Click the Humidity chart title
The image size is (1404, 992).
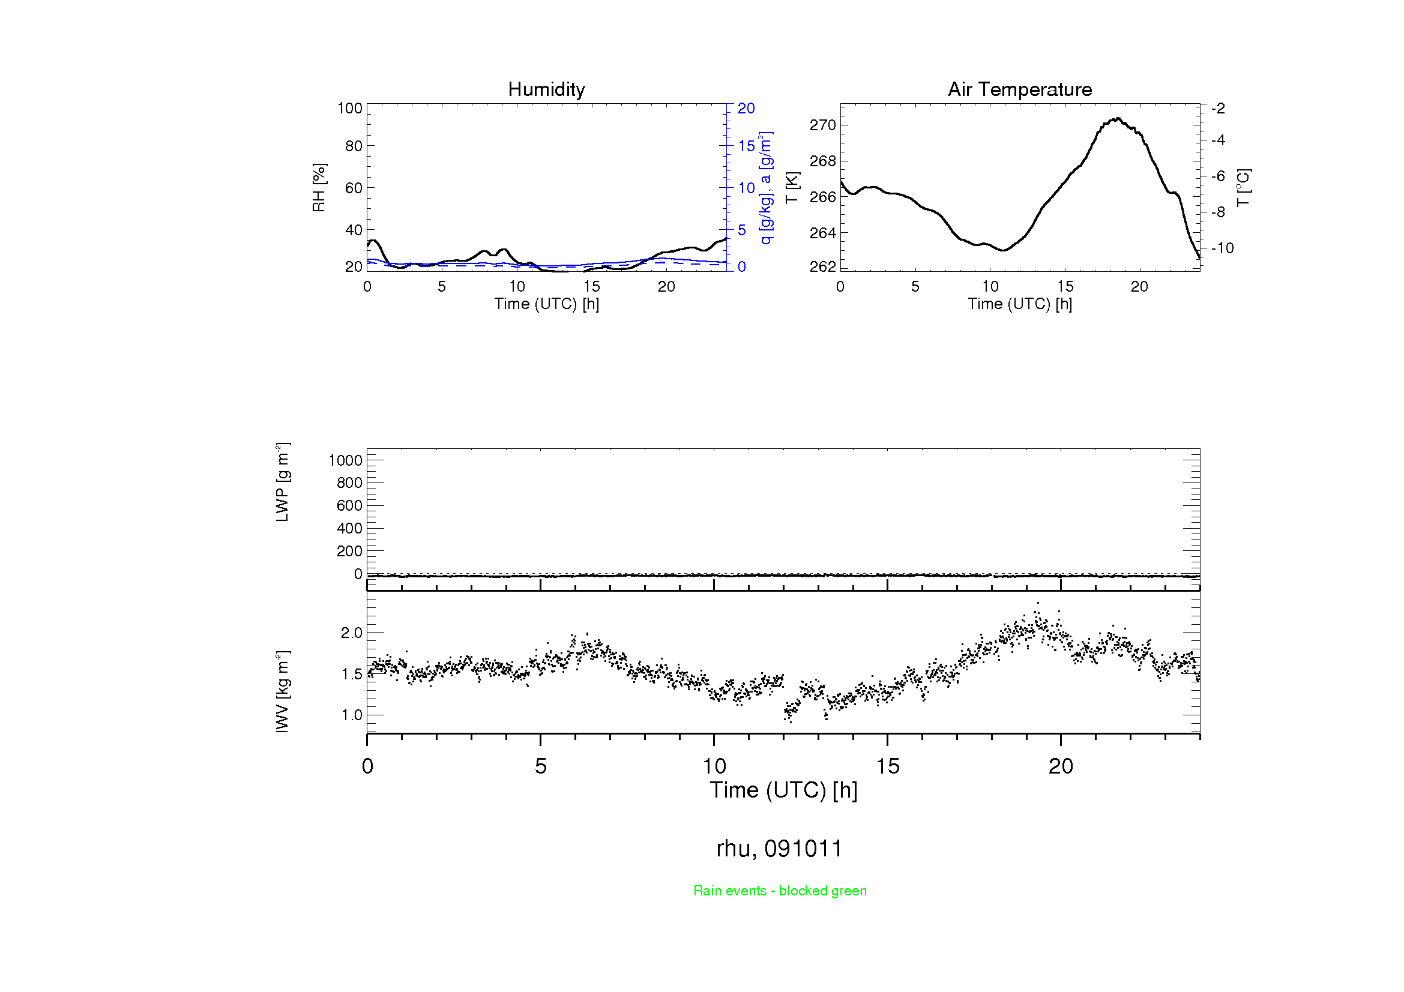tap(546, 89)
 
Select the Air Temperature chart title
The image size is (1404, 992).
tap(1019, 89)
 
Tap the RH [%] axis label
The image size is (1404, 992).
tap(319, 188)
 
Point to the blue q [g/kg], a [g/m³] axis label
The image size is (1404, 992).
tap(765, 188)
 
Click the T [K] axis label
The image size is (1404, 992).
tap(792, 188)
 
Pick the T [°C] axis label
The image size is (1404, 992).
tap(1243, 188)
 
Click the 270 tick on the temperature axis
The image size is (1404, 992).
tap(822, 125)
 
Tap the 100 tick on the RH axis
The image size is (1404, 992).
tap(350, 108)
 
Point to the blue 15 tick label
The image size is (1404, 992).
tap(746, 146)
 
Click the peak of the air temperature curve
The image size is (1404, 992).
tap(1118, 119)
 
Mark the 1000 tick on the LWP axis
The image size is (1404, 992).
tap(346, 460)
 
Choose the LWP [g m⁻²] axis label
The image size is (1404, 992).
tap(283, 482)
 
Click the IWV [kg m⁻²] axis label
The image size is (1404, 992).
tap(283, 691)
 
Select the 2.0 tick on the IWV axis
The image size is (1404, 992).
tap(352, 633)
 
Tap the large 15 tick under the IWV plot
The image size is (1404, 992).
tap(887, 766)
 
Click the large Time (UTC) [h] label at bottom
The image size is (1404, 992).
tap(783, 790)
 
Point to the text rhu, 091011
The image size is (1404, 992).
tap(779, 849)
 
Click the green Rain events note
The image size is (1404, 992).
tap(780, 891)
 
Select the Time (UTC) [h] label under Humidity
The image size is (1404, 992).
tap(546, 304)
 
